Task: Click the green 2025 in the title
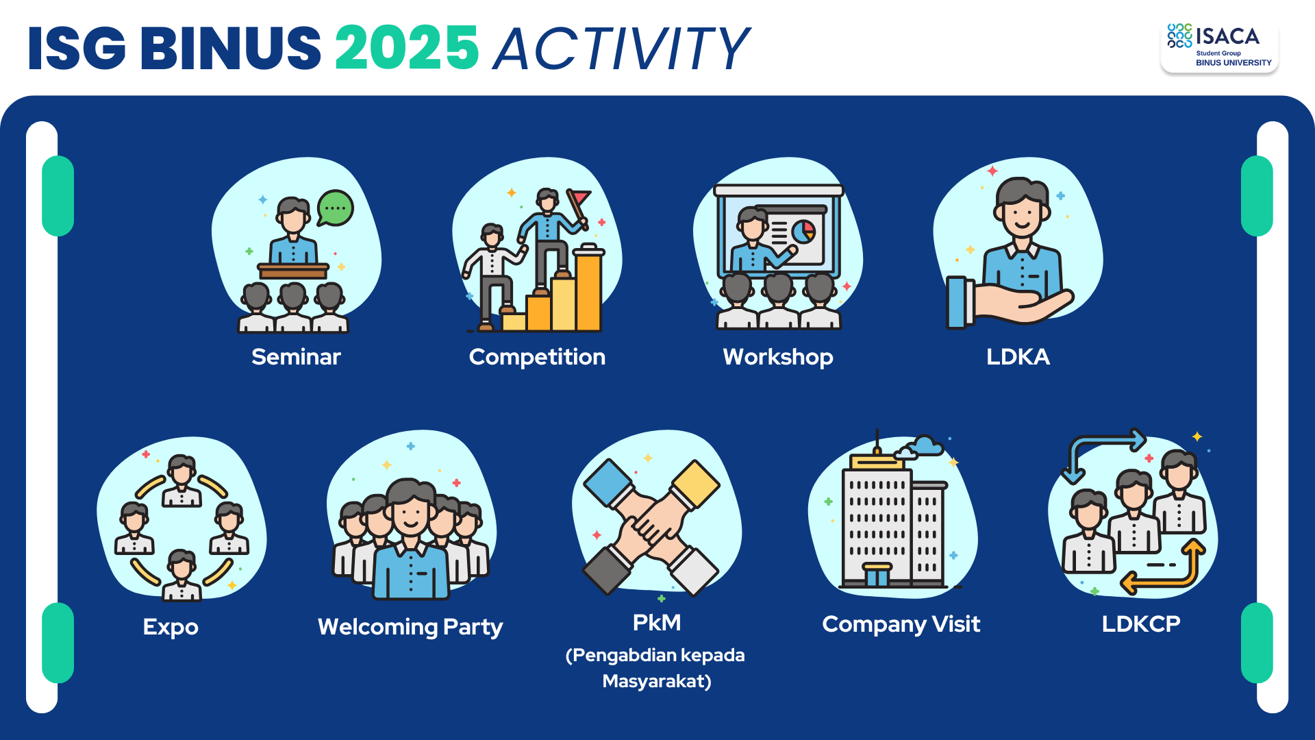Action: [407, 48]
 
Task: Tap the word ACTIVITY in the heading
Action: [622, 49]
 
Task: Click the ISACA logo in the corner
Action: [1219, 46]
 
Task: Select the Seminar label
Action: [296, 357]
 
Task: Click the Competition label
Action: [537, 358]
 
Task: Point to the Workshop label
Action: [778, 358]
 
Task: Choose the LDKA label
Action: [1018, 357]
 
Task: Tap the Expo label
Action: [171, 628]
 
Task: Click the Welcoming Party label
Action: [410, 628]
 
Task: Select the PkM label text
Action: [657, 623]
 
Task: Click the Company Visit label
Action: [901, 625]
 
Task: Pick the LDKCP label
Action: [1141, 624]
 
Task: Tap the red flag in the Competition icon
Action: [579, 198]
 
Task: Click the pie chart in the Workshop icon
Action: [804, 231]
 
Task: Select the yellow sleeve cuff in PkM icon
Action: [695, 484]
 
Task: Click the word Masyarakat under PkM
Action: [657, 682]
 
